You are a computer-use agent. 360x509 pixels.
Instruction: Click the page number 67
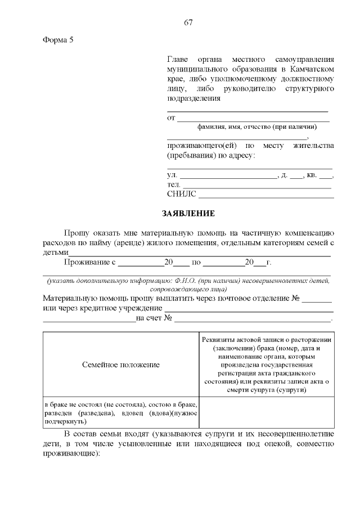click(x=188, y=22)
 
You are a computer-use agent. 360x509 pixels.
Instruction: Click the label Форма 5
click(x=58, y=40)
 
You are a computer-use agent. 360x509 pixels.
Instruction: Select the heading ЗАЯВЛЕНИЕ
click(x=188, y=214)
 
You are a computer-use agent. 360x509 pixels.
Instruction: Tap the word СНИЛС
click(x=182, y=194)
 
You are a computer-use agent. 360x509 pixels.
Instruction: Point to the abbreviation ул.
click(x=172, y=175)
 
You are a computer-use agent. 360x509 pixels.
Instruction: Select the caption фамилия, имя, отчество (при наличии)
click(x=253, y=127)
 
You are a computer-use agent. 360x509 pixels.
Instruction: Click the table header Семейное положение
click(x=120, y=365)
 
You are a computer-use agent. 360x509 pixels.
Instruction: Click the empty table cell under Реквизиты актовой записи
click(x=266, y=413)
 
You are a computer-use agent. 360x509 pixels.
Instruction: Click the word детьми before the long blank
click(x=55, y=253)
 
